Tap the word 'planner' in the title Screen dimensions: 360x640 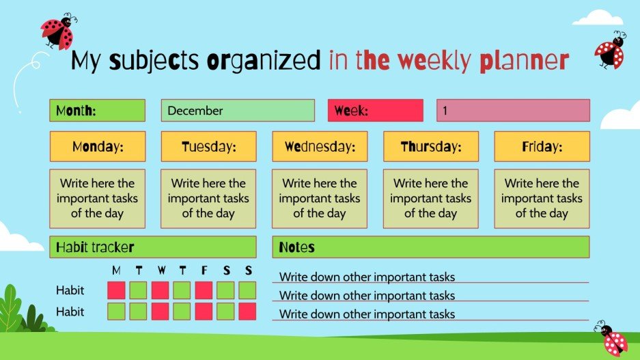(x=524, y=61)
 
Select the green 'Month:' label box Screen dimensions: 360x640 (x=97, y=111)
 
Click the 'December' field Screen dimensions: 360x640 (x=238, y=111)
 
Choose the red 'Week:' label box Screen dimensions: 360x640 (x=375, y=111)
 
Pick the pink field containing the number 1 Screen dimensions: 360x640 (x=513, y=111)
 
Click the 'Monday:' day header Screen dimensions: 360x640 (x=98, y=147)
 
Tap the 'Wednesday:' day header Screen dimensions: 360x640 (x=320, y=147)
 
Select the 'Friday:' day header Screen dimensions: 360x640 (x=542, y=147)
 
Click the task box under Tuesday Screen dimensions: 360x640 (x=208, y=199)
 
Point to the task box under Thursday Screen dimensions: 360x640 (x=430, y=199)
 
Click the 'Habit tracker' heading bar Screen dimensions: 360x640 (x=152, y=247)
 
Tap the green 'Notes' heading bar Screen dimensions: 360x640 (x=430, y=247)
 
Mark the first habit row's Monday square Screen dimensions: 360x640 (x=117, y=290)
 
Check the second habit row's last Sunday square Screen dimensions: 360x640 (x=247, y=311)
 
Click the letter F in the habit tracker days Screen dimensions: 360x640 (x=204, y=271)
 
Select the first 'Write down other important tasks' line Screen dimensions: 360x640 (x=367, y=277)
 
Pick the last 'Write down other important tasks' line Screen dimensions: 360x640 (x=367, y=314)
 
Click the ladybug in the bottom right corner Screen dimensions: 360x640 (x=612, y=337)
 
